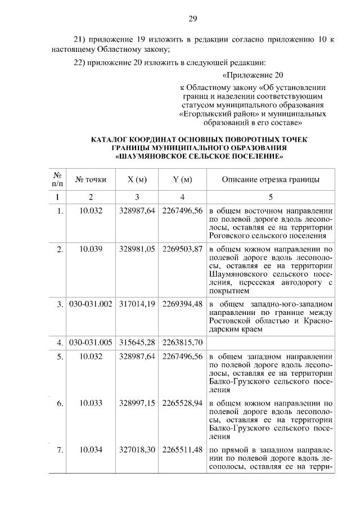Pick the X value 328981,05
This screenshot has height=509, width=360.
pyautogui.click(x=137, y=250)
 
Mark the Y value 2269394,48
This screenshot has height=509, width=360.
pyautogui.click(x=182, y=304)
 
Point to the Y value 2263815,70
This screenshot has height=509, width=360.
pyautogui.click(x=182, y=342)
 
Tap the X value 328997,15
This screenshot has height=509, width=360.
pyautogui.click(x=137, y=403)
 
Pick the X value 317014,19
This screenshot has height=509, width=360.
pyautogui.click(x=137, y=304)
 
